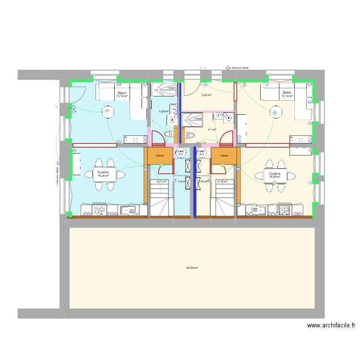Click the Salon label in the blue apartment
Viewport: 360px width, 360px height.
coord(122,93)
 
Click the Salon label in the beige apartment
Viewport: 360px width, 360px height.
coord(287,93)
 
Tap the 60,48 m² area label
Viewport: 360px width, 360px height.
coord(192,268)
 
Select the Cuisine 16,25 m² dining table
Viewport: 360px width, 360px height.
coord(103,174)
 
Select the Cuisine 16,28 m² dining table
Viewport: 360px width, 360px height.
coord(275,175)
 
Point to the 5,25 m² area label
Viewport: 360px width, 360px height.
coord(206,95)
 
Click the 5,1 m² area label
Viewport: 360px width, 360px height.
coord(212,129)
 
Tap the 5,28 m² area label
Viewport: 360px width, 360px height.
coord(164,111)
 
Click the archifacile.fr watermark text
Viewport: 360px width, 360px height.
coord(331,325)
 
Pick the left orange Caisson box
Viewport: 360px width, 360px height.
coord(160,156)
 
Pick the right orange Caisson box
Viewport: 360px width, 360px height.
coord(224,156)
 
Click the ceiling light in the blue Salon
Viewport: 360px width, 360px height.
coord(107,112)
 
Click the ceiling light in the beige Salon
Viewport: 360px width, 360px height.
coord(276,113)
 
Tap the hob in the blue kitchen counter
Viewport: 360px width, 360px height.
coord(101,210)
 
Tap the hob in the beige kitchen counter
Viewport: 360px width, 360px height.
coord(283,210)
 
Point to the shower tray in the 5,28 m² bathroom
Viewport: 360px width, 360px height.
coord(164,87)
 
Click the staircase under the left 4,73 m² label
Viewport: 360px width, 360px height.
coord(161,202)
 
